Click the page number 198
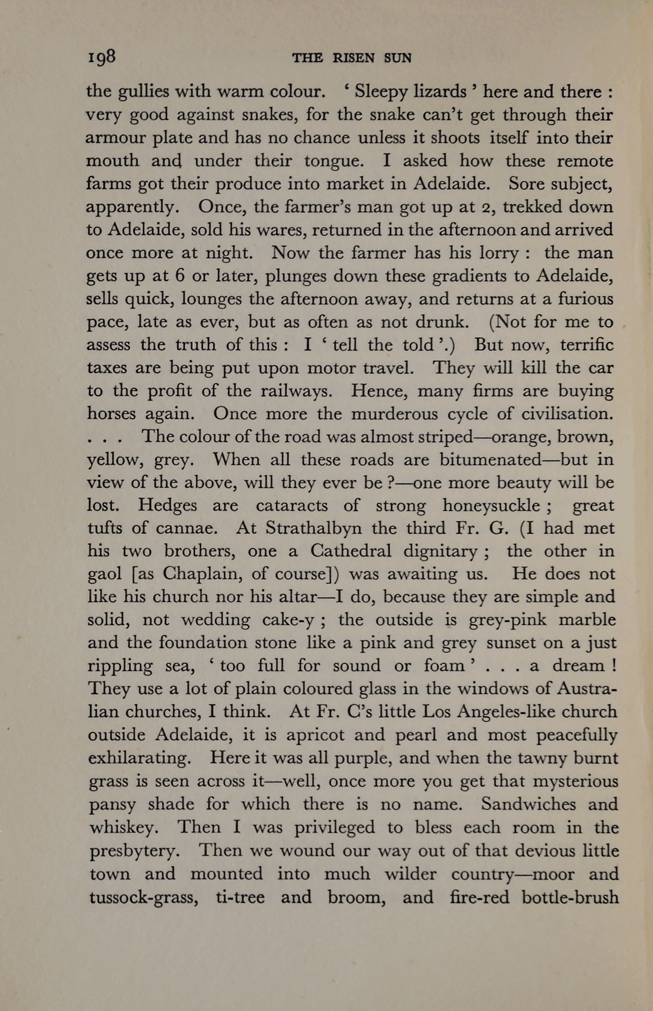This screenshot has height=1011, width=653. click(102, 57)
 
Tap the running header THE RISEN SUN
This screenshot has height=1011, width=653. click(351, 58)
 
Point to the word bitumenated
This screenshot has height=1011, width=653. click(490, 459)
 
